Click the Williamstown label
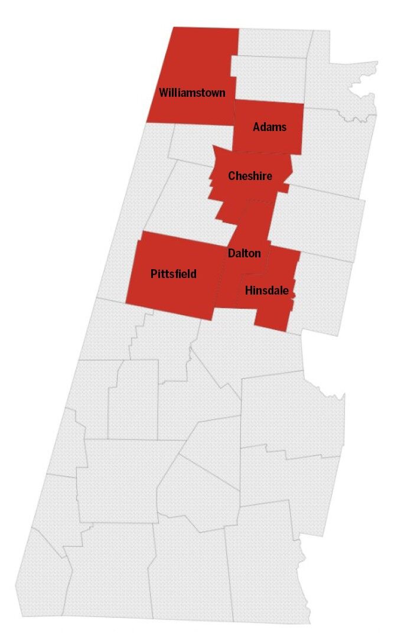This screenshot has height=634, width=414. tap(192, 93)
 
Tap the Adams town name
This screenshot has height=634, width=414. tap(269, 127)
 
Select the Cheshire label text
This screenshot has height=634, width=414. tap(250, 176)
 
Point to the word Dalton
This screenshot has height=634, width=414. tap(244, 253)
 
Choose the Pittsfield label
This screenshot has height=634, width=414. tap(173, 274)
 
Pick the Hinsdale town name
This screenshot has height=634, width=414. tap(266, 290)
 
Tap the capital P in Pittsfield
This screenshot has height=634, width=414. tap(154, 274)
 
